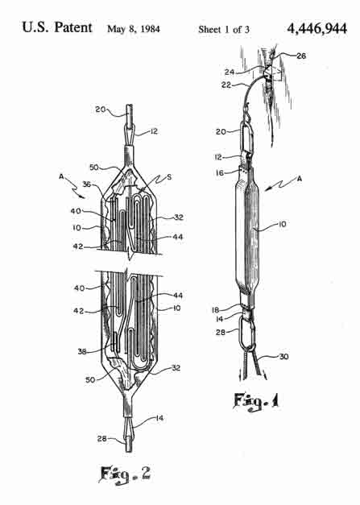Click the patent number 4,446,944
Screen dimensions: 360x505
(x=317, y=28)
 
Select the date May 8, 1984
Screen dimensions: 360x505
(x=134, y=29)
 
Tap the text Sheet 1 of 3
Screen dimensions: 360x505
(x=224, y=29)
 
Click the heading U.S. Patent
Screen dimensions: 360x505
(x=57, y=27)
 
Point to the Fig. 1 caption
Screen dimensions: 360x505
(x=256, y=402)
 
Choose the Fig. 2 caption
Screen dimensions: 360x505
(x=125, y=474)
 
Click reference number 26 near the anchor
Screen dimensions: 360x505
(x=301, y=56)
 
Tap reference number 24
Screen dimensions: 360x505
(x=230, y=72)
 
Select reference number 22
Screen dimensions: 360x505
(x=226, y=85)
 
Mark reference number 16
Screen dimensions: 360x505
(x=220, y=173)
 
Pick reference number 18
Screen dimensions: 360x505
(x=215, y=310)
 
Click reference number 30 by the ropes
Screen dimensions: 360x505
(x=283, y=357)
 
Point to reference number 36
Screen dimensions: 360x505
(x=87, y=184)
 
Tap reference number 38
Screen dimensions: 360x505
(x=82, y=351)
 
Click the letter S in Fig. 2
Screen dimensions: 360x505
(x=169, y=177)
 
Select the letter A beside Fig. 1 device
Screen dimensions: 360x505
(x=299, y=179)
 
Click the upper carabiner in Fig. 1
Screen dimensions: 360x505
(x=247, y=138)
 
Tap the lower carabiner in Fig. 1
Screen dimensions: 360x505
(x=247, y=333)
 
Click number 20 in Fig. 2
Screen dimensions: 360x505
(x=100, y=110)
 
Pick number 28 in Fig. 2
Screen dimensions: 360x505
(x=102, y=438)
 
